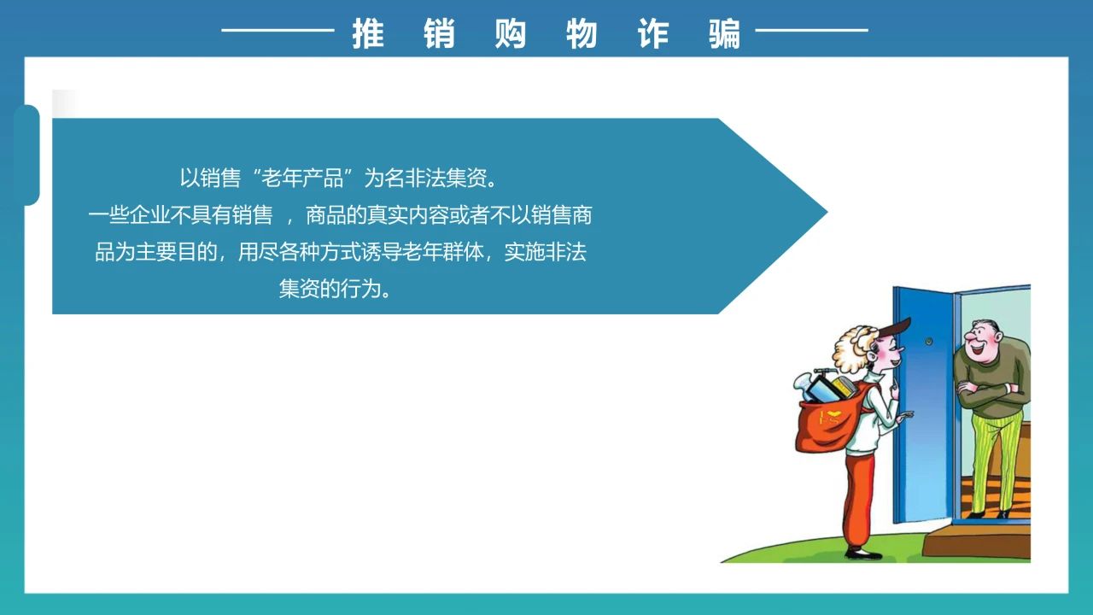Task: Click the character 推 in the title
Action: (368, 33)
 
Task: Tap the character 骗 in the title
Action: (725, 33)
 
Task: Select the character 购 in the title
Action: (511, 33)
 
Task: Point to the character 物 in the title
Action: (582, 33)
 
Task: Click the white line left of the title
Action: (278, 30)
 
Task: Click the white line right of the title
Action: (812, 30)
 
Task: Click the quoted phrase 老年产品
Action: (302, 179)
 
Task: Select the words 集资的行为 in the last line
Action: (330, 289)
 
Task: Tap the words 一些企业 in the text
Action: (129, 215)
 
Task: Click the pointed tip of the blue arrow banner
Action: (827, 213)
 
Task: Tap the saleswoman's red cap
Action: (892, 330)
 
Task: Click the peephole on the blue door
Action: (929, 341)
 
